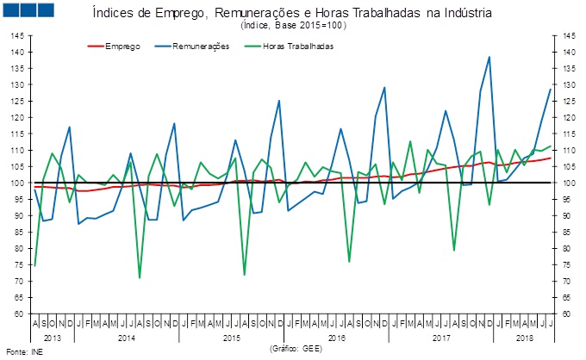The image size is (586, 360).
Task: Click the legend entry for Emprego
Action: point(122,46)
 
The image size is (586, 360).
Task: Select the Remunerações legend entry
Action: point(201,46)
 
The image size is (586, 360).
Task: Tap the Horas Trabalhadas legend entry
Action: point(297,46)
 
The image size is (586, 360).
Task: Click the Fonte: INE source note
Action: point(23,352)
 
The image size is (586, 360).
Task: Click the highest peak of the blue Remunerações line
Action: point(489,57)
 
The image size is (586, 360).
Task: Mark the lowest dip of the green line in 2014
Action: point(140,277)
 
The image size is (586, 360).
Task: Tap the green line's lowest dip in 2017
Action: point(454,251)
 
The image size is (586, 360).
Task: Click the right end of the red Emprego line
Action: point(551,158)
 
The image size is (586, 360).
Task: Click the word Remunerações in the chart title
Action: point(271,15)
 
